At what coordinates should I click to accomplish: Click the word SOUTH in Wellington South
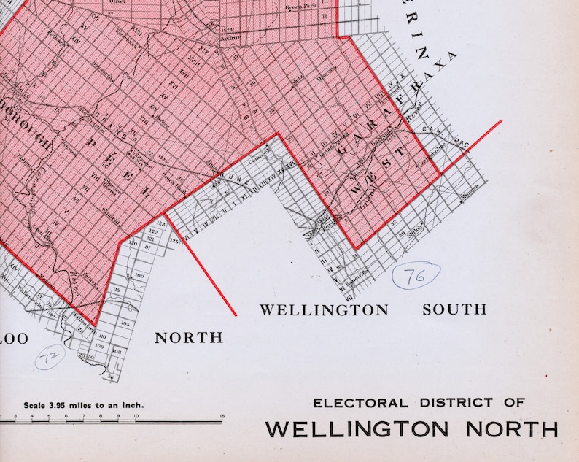tap(454, 309)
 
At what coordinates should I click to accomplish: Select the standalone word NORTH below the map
tap(189, 337)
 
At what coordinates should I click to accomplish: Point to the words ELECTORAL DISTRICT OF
tap(419, 402)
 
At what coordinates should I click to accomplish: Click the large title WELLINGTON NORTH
tap(411, 428)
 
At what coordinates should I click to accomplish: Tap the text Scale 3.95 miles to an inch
tap(84, 405)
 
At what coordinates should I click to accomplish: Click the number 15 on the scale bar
tap(221, 417)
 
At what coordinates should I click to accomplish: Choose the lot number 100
tap(139, 275)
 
